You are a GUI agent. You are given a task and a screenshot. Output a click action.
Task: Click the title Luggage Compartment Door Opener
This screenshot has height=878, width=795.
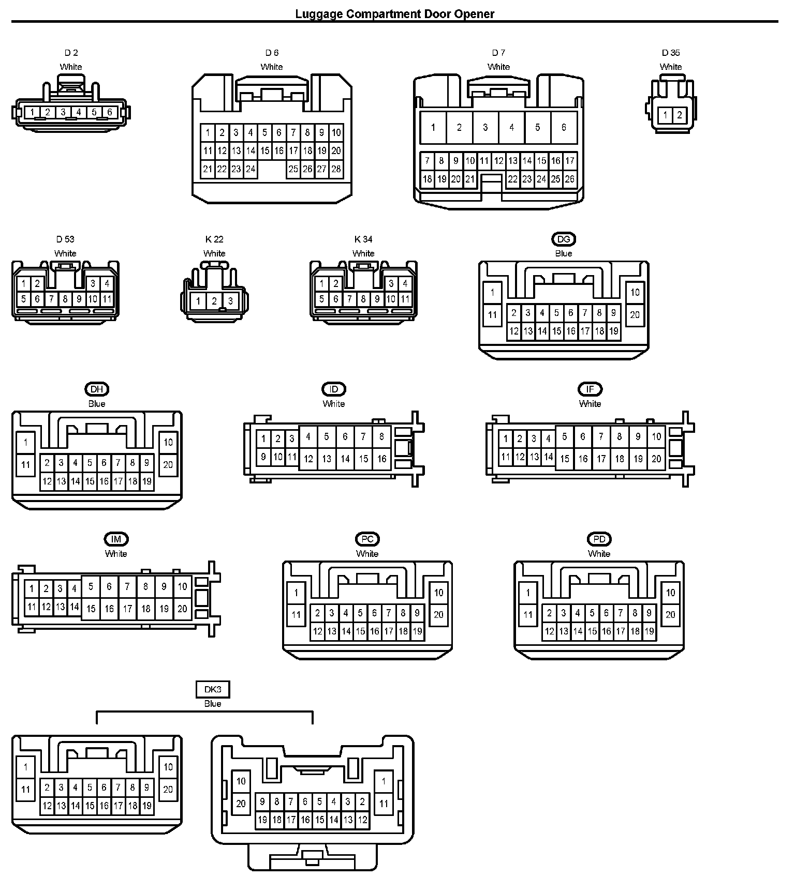click(394, 14)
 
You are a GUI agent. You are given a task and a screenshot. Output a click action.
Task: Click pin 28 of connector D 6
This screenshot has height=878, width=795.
click(336, 169)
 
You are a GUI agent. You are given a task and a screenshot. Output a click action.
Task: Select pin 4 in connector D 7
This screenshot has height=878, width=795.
click(511, 127)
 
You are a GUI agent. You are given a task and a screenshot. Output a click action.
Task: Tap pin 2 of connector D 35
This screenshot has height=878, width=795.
click(679, 115)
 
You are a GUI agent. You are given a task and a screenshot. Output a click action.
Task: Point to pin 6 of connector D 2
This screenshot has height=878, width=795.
click(110, 112)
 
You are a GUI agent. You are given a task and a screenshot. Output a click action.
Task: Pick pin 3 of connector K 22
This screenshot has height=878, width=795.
click(230, 301)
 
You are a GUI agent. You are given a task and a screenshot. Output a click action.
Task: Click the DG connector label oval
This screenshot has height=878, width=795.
click(564, 239)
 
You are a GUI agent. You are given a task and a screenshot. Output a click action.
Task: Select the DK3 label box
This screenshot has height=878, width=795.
click(213, 689)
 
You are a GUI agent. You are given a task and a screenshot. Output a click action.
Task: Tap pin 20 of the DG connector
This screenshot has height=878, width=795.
click(635, 314)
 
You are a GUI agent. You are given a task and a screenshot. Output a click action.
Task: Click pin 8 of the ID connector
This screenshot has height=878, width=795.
click(381, 437)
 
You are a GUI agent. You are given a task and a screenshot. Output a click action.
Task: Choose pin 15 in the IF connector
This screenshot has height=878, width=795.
click(565, 459)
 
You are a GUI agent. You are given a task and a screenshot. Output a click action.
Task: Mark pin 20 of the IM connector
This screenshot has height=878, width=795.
click(182, 609)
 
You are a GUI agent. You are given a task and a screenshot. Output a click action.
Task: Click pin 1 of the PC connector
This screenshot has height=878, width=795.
click(296, 593)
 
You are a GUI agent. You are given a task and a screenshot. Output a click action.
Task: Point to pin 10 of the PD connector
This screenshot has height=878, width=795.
click(670, 593)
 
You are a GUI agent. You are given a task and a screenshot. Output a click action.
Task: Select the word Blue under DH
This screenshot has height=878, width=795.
click(97, 404)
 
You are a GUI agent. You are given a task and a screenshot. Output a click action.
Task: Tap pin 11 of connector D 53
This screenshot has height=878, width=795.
click(107, 299)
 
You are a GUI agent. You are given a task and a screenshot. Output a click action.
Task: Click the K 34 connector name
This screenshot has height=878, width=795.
click(363, 239)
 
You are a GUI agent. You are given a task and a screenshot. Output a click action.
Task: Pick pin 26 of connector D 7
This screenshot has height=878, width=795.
click(569, 179)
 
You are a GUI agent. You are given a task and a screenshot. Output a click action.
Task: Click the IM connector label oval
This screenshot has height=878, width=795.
click(116, 539)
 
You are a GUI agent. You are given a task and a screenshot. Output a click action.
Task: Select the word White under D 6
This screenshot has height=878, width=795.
click(272, 67)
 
